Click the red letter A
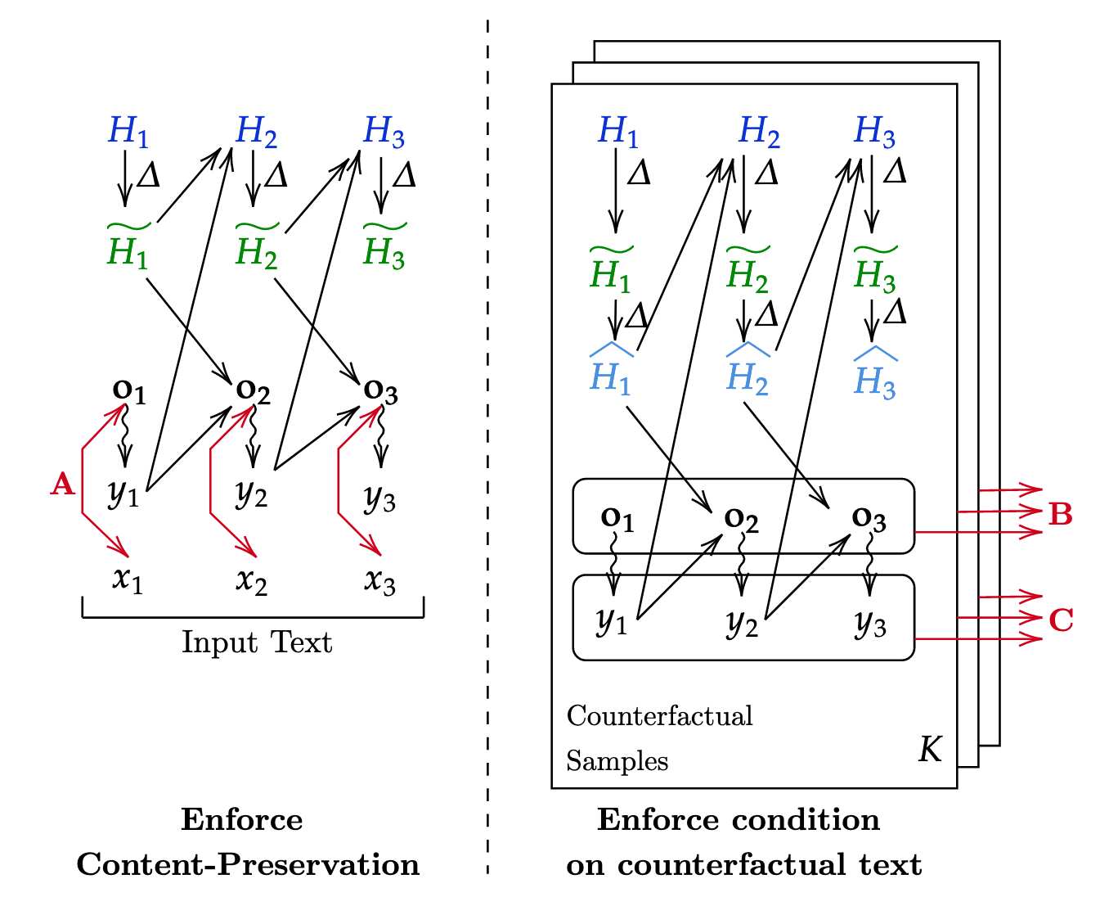point(62,484)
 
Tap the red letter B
point(1061,514)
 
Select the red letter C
point(1061,620)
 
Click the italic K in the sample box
point(930,750)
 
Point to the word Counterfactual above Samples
point(660,716)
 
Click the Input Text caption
point(257,642)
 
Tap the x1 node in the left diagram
point(127,579)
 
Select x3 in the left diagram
point(379,581)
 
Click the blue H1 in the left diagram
point(128,131)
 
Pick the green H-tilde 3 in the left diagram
point(384,246)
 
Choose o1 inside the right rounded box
point(617,518)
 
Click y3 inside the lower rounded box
point(870,624)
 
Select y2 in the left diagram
point(251,494)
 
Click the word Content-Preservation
point(248,864)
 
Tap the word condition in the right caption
point(806,820)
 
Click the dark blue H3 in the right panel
point(875,131)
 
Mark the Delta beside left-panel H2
point(276,175)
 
